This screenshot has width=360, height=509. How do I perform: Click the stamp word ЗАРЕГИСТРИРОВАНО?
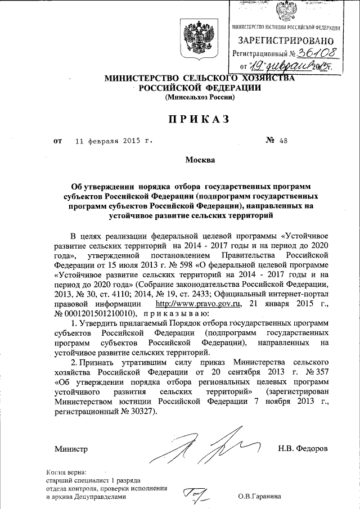286,41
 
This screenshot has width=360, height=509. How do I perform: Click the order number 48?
282,142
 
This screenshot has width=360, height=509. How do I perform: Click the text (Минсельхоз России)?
200,97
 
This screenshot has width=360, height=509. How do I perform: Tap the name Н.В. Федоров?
303,448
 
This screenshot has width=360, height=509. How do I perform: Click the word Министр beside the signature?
71,448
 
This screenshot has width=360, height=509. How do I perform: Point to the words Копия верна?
66,473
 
